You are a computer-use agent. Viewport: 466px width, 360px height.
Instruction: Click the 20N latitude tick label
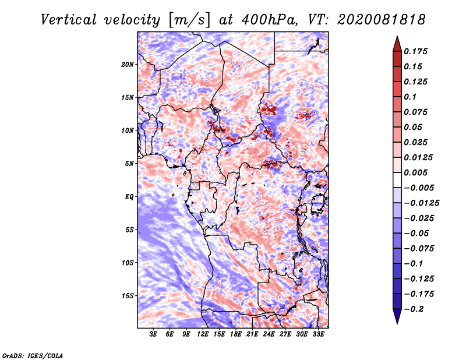pos(128,65)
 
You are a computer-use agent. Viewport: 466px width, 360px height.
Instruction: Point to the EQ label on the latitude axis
pos(129,197)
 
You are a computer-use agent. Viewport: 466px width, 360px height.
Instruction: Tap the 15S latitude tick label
pos(128,296)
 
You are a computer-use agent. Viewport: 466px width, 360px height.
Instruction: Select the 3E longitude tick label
pos(153,334)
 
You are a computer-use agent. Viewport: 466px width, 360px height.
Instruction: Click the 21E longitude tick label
pos(252,334)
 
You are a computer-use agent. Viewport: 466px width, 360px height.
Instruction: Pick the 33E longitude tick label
pos(318,334)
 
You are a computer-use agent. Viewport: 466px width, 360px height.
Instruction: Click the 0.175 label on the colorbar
pos(415,51)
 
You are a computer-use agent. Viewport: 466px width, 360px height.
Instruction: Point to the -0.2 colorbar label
pos(414,309)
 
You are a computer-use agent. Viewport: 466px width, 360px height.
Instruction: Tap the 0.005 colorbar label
pos(415,172)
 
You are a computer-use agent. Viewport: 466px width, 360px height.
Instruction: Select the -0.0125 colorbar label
pos(421,203)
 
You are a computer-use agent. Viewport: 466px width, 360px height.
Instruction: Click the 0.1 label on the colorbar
pos(410,97)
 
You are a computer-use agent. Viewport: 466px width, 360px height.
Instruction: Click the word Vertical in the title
pos(69,20)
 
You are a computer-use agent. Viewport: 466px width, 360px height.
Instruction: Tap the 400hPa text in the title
pos(269,20)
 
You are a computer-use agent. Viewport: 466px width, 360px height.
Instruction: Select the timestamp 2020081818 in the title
pos(382,20)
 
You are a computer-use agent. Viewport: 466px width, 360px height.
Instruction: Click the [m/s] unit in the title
pos(189,20)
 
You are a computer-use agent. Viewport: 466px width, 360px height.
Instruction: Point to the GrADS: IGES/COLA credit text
pos(33,355)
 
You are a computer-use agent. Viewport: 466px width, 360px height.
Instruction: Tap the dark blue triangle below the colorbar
pos(397,316)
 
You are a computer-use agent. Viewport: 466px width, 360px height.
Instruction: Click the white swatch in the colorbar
pos(397,180)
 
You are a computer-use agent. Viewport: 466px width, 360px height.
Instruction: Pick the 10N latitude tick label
pos(128,130)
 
